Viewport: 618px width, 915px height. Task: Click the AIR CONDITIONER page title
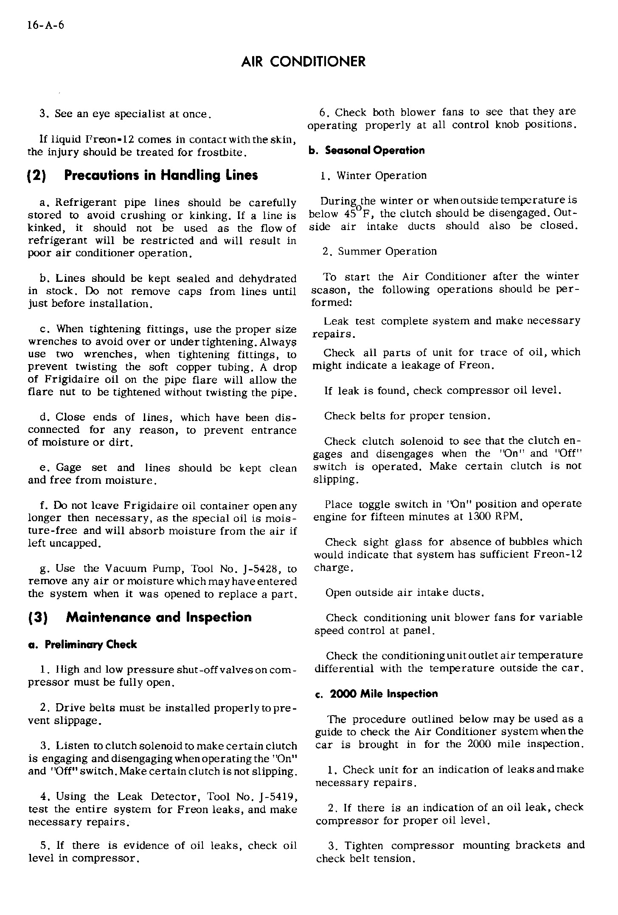(x=303, y=62)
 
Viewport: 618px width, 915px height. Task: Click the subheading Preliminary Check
(x=82, y=645)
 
